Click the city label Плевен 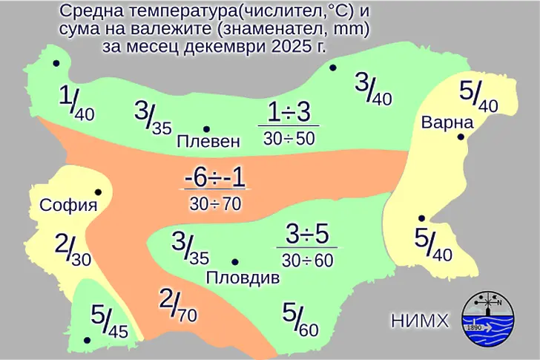tap(208, 141)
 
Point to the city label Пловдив tap(242, 278)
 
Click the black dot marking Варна tap(461, 137)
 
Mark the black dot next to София tap(97, 192)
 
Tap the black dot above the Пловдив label tap(235, 262)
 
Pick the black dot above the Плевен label tap(206, 128)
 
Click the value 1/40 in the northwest tap(76, 104)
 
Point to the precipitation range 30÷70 tap(215, 203)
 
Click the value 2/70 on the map tap(178, 305)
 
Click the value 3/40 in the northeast tap(373, 88)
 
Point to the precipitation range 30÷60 tap(307, 260)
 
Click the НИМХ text tap(420, 321)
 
